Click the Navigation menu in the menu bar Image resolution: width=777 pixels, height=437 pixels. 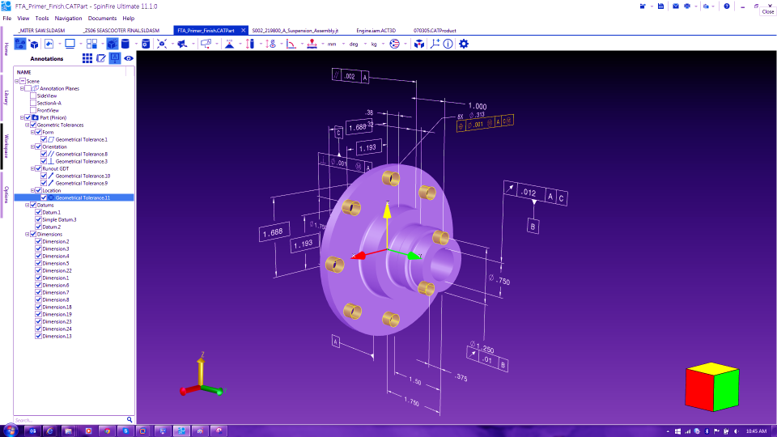point(68,18)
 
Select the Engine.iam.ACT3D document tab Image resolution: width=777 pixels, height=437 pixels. point(375,30)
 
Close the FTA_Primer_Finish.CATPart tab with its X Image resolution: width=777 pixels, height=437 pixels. point(243,30)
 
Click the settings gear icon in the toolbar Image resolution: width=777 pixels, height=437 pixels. point(464,44)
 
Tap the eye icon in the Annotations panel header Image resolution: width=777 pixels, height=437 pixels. point(128,58)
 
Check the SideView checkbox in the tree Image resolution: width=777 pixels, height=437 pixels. point(33,95)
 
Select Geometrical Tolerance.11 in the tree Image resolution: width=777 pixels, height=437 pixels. point(82,197)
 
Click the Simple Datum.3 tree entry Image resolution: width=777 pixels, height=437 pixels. point(59,219)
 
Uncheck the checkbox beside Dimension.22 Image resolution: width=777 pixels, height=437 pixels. point(38,270)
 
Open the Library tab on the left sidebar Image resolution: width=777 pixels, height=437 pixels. point(6,97)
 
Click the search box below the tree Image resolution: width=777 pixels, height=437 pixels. point(68,420)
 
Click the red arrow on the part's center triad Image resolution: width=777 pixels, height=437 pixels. point(361,257)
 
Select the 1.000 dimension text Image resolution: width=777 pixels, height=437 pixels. point(477,106)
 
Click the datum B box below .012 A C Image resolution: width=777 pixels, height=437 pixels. point(533,226)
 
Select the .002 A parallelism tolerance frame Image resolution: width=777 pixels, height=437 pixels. point(350,76)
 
